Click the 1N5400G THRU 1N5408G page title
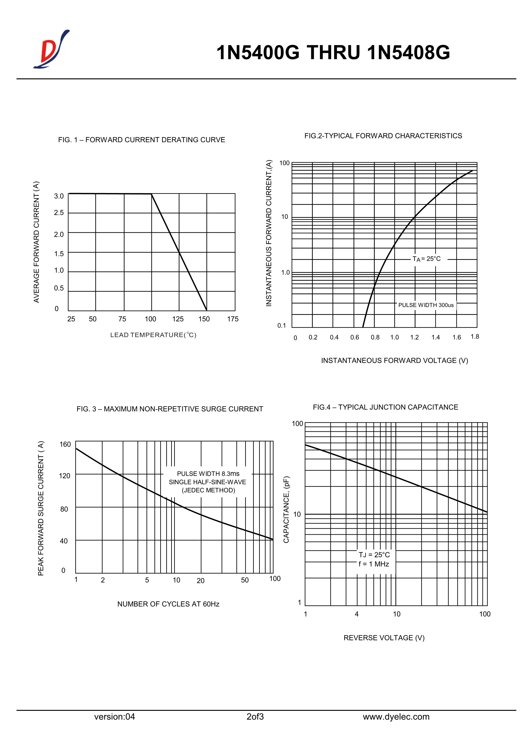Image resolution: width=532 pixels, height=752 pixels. point(333,52)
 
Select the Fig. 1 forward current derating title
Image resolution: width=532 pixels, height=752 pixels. point(142,140)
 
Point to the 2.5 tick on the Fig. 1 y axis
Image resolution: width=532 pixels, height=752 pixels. point(59,213)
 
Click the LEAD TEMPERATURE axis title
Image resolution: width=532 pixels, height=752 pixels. point(153,335)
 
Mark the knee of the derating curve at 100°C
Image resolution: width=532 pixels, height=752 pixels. point(151,194)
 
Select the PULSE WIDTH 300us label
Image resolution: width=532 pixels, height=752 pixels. point(426,305)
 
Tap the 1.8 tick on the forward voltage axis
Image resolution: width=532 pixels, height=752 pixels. point(475,337)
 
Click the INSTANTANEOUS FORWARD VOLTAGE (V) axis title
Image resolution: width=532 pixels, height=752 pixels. point(394,360)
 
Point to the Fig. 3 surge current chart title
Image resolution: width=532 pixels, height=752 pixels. point(170,409)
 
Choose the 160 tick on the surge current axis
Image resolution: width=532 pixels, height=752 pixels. point(65,444)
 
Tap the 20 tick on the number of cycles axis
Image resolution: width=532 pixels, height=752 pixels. point(201,581)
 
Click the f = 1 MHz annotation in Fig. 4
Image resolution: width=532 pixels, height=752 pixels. point(373,564)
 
